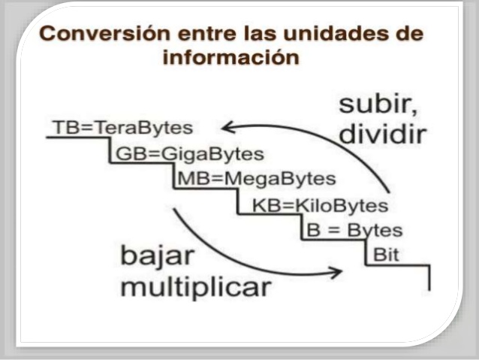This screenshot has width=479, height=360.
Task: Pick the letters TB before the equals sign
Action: coord(64,127)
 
